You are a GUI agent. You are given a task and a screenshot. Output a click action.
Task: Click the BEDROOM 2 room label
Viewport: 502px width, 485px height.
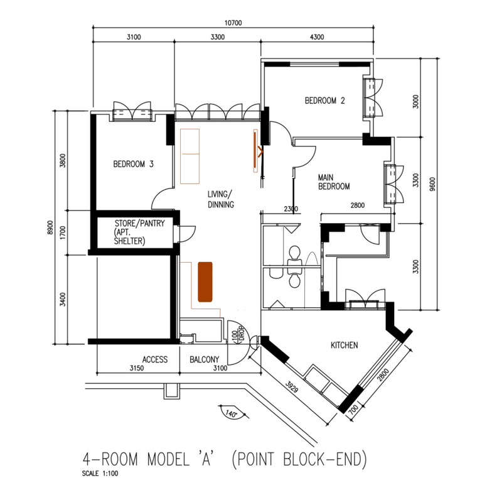(x=324, y=101)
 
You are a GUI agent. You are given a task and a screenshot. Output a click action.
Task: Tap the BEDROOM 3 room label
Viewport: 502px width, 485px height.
(x=133, y=164)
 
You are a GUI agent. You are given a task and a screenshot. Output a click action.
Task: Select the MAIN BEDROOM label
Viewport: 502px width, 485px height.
(x=334, y=182)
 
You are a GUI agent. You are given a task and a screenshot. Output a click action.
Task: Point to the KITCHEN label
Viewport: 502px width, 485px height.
(x=344, y=346)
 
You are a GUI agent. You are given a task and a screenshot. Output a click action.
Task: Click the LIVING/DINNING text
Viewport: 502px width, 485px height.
(x=221, y=199)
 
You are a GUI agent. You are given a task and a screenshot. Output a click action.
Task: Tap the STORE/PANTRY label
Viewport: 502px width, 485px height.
(x=139, y=223)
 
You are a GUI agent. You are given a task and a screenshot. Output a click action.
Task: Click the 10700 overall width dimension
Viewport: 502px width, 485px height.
(x=233, y=23)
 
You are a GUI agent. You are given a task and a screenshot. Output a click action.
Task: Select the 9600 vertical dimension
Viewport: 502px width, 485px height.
(x=433, y=184)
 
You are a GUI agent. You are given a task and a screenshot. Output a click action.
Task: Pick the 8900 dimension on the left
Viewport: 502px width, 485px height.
(x=50, y=227)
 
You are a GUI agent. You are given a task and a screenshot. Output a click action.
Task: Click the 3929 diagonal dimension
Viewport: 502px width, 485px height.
(x=292, y=386)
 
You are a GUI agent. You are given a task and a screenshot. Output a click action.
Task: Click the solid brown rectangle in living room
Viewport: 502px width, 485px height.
(x=205, y=282)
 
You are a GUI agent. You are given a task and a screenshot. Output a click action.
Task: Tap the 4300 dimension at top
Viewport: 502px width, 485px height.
(x=317, y=37)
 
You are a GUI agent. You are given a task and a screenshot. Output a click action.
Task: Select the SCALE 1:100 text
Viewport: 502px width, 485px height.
(x=100, y=474)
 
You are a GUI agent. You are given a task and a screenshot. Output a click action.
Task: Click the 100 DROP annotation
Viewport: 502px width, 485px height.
(x=238, y=335)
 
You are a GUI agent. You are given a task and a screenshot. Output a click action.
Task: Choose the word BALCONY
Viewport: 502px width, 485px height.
(x=205, y=359)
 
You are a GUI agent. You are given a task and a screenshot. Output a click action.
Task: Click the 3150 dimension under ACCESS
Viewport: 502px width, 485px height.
(x=137, y=368)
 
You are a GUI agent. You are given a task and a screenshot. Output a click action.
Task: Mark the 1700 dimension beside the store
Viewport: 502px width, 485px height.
(x=63, y=232)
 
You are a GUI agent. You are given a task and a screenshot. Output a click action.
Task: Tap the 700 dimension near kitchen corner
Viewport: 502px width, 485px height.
(x=353, y=410)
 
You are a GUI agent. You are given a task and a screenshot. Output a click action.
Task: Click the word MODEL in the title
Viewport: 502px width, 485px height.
(x=168, y=459)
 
